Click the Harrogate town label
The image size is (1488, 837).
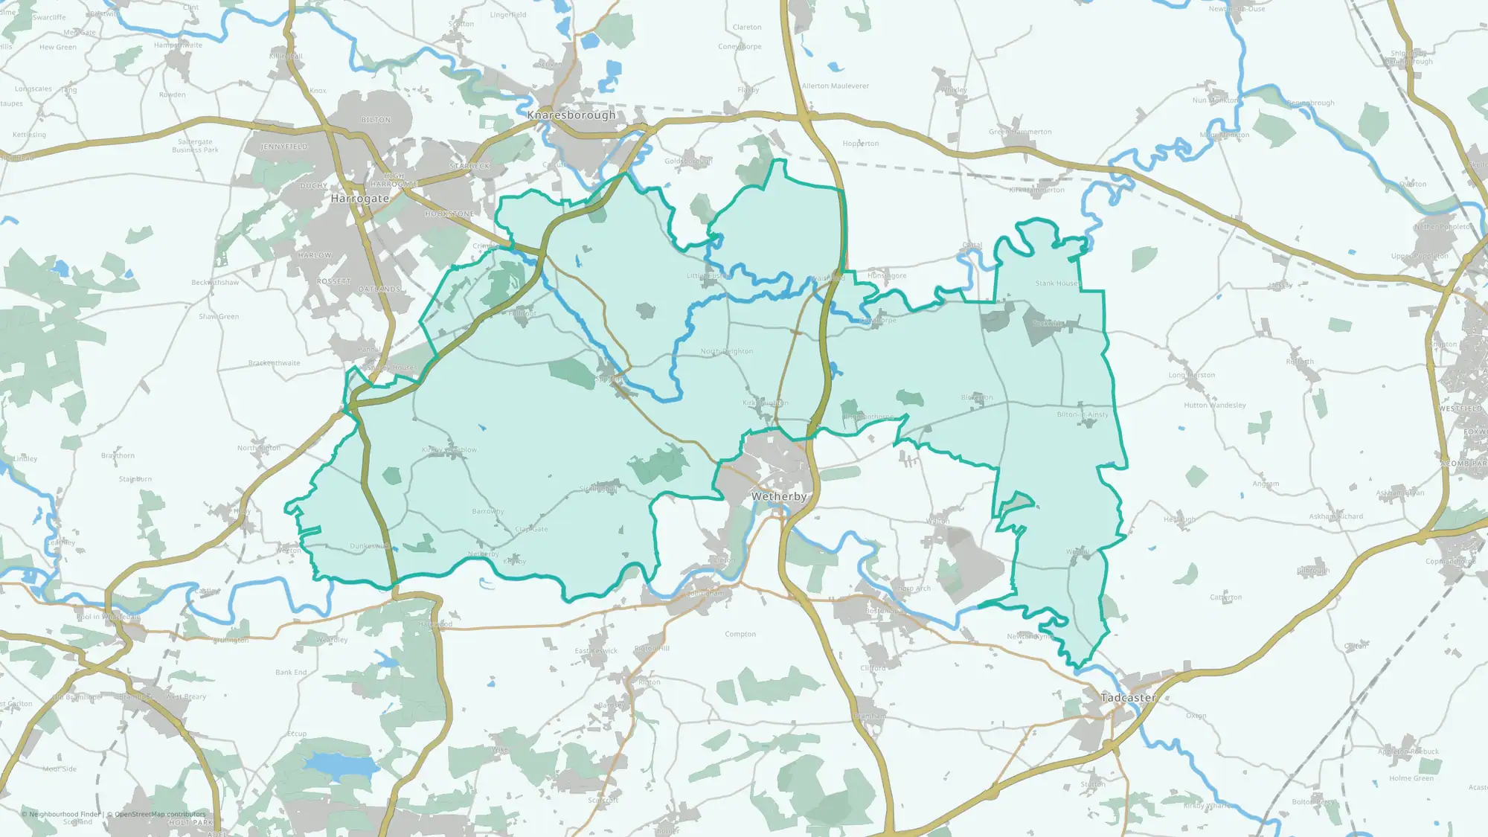(x=360, y=199)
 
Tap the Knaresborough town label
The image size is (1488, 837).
(x=571, y=115)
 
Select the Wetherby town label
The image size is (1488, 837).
(x=779, y=496)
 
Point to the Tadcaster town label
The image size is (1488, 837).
(x=1129, y=698)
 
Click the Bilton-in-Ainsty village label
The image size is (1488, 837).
(x=1083, y=414)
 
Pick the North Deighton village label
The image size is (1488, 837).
(x=727, y=351)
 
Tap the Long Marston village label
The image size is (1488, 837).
(x=1191, y=375)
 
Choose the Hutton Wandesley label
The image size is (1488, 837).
(x=1214, y=405)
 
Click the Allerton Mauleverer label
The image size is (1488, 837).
(x=835, y=86)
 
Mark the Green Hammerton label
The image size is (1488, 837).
(x=1020, y=132)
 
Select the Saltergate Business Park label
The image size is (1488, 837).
(x=195, y=146)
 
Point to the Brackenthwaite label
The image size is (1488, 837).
(x=275, y=363)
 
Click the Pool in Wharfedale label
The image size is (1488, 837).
(x=108, y=617)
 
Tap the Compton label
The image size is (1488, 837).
(x=740, y=635)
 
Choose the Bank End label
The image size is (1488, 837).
(x=291, y=673)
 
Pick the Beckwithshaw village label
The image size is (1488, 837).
(x=215, y=283)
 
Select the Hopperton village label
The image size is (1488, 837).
(x=860, y=144)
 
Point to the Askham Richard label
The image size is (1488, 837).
(x=1336, y=516)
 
